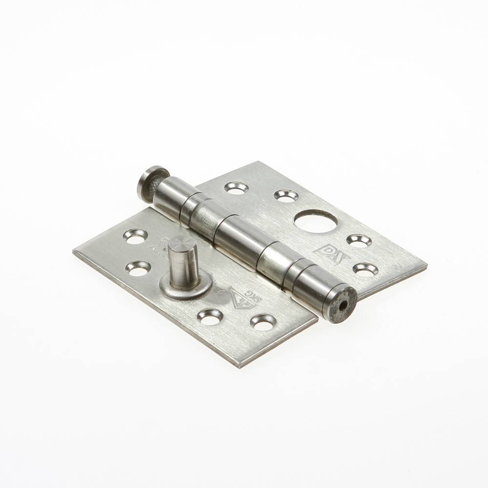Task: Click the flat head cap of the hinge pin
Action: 151,183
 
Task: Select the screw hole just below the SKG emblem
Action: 263,322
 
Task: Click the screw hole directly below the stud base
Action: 210,316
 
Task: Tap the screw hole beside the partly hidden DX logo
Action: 135,236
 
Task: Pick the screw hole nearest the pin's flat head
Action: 237,187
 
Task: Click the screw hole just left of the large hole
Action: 286,196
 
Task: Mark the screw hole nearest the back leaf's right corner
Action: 366,269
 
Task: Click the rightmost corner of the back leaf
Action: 427,266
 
